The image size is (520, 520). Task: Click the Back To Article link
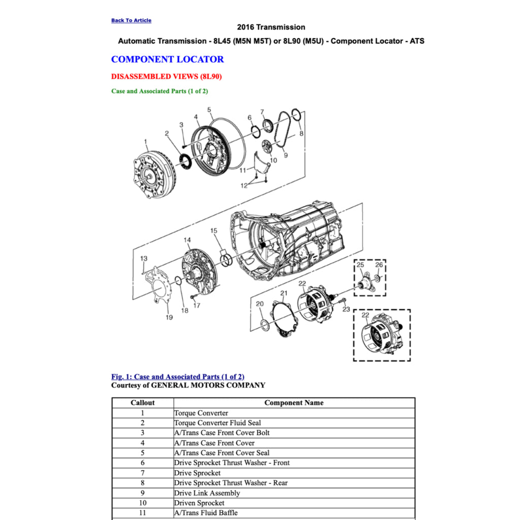pyautogui.click(x=131, y=20)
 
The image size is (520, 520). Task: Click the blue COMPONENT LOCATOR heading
pyautogui.click(x=167, y=59)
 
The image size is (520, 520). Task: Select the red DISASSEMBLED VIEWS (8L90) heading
pyautogui.click(x=166, y=77)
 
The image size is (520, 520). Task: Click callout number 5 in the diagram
pyautogui.click(x=209, y=110)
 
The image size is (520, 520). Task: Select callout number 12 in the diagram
pyautogui.click(x=244, y=186)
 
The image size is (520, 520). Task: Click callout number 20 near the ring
pyautogui.click(x=259, y=304)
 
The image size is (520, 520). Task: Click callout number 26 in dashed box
pyautogui.click(x=379, y=265)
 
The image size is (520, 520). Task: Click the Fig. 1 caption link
pyautogui.click(x=178, y=377)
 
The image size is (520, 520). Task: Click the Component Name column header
pyautogui.click(x=294, y=403)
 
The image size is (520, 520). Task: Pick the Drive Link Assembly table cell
pyautogui.click(x=207, y=493)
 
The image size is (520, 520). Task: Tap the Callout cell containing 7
pyautogui.click(x=143, y=473)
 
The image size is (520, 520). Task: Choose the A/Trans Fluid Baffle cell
pyautogui.click(x=206, y=513)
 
